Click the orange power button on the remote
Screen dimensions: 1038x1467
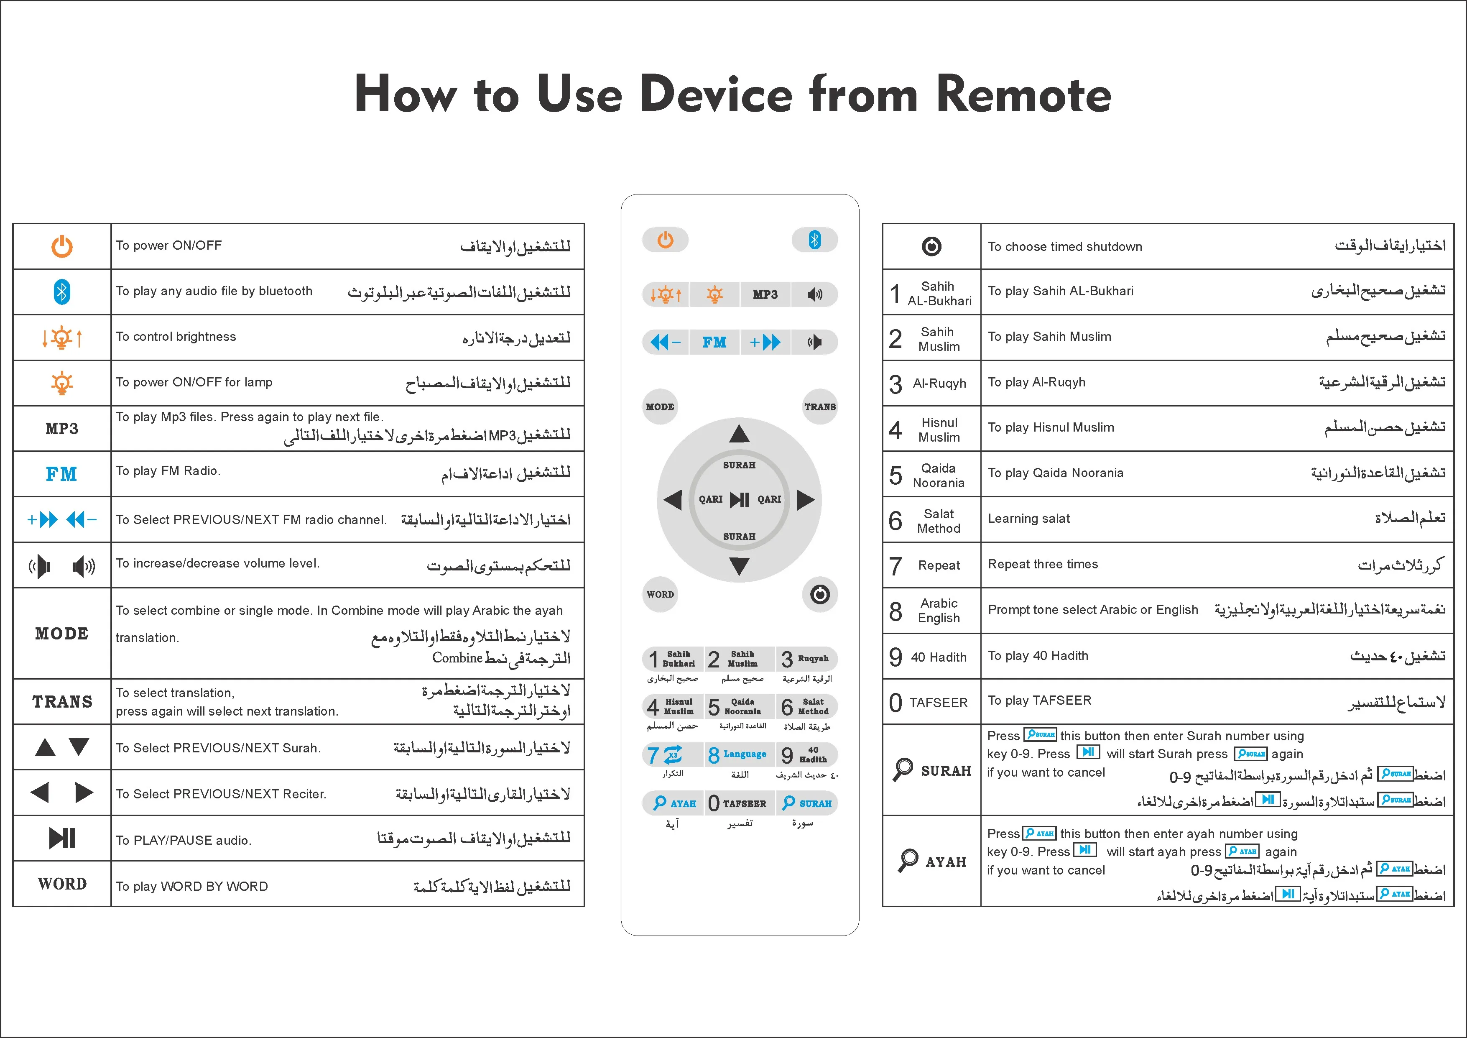coord(665,240)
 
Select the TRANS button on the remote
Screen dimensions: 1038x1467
coord(820,407)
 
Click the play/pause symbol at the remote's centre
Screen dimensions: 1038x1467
coord(739,499)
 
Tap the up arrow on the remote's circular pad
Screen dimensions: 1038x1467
coord(739,434)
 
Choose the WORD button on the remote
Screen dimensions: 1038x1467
coord(660,594)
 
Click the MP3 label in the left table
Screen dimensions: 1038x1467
coord(62,428)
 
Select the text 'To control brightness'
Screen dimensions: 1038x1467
coord(176,337)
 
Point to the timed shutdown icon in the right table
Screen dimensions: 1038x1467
coord(931,246)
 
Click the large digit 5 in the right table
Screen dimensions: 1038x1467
coord(895,475)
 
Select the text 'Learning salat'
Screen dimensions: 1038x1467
coord(1029,518)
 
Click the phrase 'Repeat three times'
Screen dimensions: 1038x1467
coord(1043,564)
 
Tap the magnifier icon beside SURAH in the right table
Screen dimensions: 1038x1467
coord(903,769)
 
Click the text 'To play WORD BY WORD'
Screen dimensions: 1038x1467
coord(191,887)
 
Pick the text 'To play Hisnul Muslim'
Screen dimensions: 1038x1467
coord(1051,427)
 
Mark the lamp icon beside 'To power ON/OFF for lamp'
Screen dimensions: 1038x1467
coord(62,383)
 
